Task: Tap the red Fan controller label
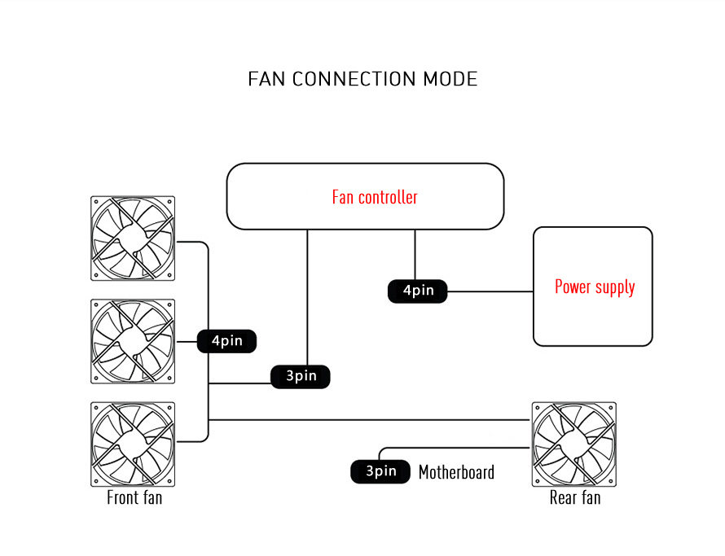click(375, 197)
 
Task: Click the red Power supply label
click(595, 287)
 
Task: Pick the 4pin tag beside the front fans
click(227, 341)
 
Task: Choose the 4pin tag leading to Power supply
click(417, 291)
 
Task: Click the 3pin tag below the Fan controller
click(301, 376)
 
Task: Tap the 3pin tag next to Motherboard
click(380, 471)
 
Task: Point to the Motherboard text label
click(456, 472)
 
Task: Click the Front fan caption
click(134, 497)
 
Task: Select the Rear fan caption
click(575, 497)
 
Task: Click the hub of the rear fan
click(573, 444)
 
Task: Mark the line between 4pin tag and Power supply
click(490, 291)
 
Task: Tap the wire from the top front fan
click(193, 242)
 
